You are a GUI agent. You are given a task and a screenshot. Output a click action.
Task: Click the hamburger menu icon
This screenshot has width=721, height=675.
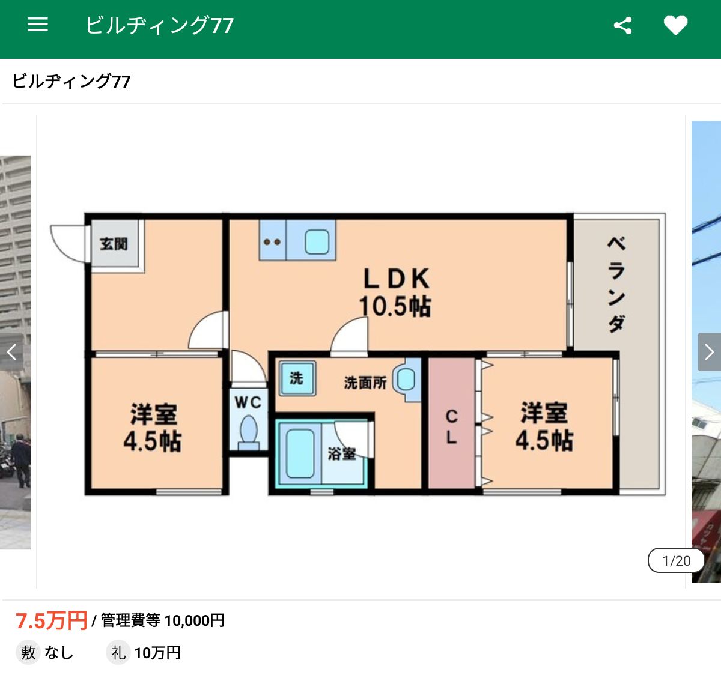click(38, 25)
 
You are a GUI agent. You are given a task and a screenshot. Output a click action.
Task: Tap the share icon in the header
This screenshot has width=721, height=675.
click(622, 26)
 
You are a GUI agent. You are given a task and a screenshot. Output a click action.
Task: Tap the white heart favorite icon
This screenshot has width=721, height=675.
click(675, 25)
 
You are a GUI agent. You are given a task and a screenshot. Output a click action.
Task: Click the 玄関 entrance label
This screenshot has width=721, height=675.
click(114, 244)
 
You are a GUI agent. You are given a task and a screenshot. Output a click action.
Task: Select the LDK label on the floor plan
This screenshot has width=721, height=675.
click(397, 279)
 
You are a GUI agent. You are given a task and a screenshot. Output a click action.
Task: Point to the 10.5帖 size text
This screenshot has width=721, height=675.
click(395, 307)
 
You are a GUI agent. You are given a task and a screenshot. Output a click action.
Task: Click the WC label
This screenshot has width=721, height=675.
click(248, 402)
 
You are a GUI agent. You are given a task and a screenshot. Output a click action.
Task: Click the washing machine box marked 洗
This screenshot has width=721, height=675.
click(297, 378)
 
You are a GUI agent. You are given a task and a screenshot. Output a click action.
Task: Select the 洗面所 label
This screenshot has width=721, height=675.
click(365, 383)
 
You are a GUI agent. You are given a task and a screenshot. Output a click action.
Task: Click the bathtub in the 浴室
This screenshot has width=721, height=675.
click(300, 453)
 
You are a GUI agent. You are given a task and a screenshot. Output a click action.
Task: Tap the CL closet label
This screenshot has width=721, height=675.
click(451, 426)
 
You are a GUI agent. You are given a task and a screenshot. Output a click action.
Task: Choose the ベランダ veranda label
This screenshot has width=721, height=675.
click(616, 285)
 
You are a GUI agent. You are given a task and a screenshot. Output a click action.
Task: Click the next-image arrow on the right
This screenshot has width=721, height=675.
click(710, 352)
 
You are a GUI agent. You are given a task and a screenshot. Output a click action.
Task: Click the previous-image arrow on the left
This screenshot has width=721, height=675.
click(11, 352)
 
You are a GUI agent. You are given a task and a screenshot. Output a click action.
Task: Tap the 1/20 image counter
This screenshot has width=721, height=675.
click(677, 561)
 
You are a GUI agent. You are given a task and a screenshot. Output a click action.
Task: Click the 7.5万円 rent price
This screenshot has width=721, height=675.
click(51, 620)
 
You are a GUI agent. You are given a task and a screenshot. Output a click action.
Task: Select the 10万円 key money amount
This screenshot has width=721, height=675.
click(157, 653)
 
